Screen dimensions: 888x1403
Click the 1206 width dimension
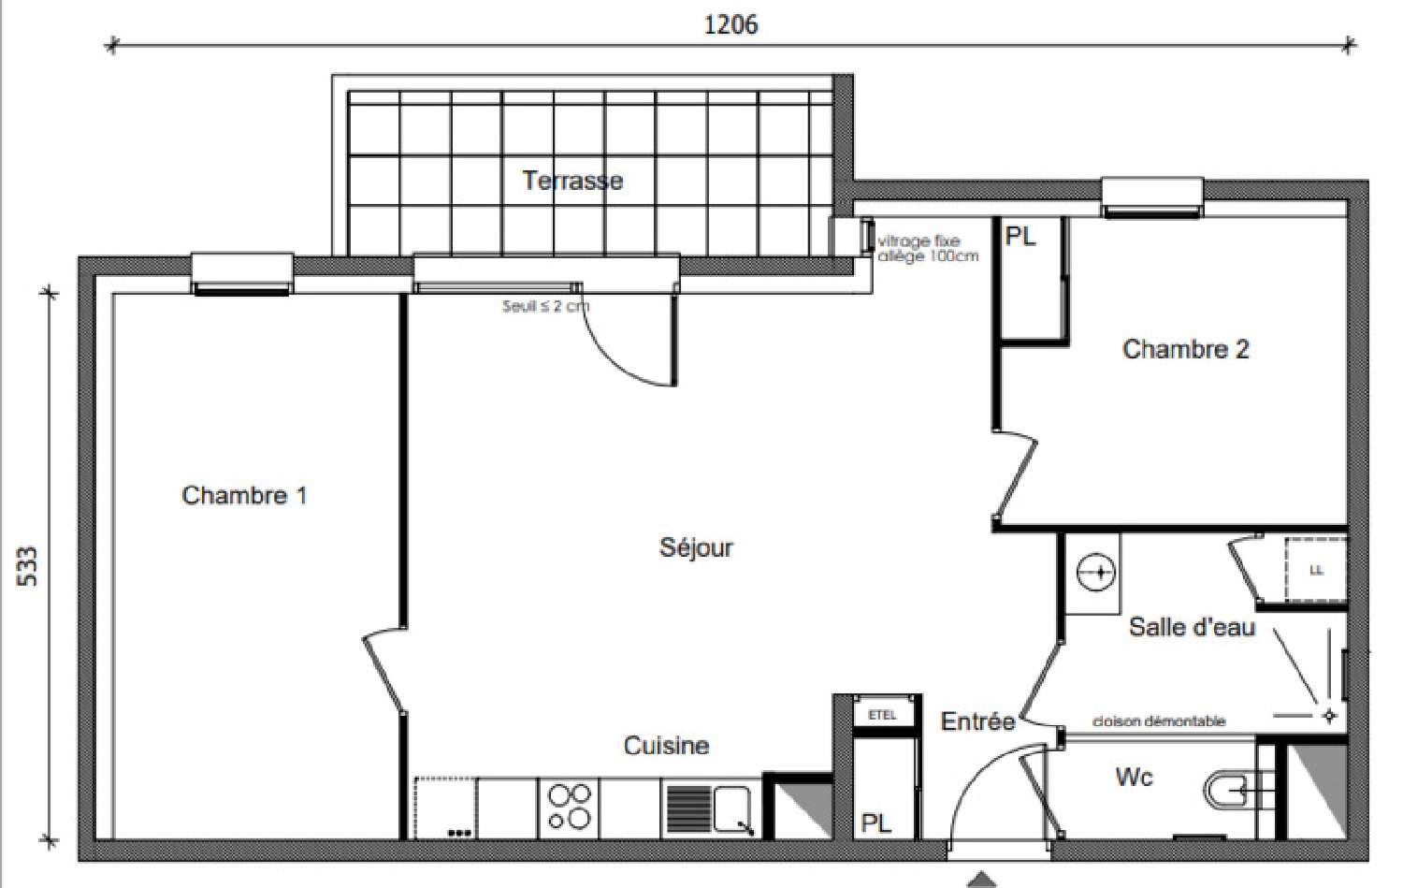730,24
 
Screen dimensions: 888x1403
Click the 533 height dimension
28,566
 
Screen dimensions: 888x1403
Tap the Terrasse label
572,180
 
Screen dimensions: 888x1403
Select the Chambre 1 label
244,495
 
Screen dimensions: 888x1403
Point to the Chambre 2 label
1185,349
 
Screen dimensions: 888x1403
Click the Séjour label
696,547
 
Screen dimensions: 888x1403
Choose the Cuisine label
666,746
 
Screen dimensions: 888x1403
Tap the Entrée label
977,721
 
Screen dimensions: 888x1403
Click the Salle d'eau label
1192,627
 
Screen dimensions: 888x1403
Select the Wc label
1134,778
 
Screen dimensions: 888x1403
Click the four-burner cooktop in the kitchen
569,807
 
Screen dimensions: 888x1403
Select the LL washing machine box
1315,570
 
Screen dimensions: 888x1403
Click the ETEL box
882,715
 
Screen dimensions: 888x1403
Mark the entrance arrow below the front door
981,879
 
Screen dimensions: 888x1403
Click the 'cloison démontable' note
1158,721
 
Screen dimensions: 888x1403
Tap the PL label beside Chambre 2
1020,237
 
